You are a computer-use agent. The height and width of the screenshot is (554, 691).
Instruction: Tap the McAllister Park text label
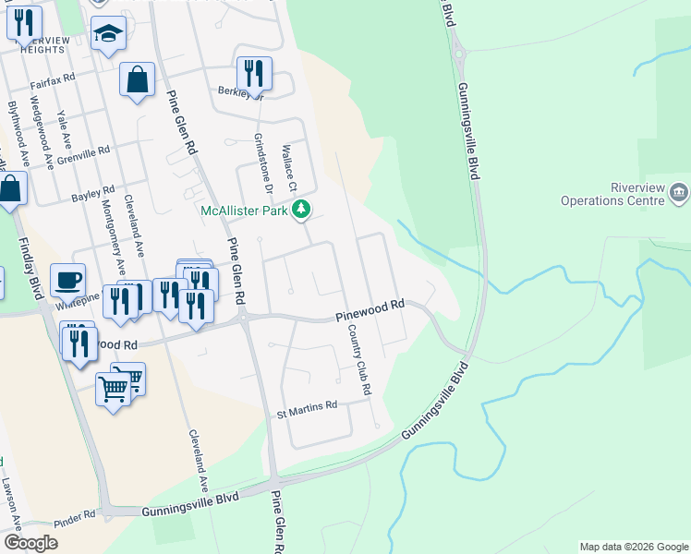coord(245,211)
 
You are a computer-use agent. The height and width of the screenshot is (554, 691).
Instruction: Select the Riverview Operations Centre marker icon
coord(679,193)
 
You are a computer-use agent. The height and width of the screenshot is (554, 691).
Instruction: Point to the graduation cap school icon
coord(109,34)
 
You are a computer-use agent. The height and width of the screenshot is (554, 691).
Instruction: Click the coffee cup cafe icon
coord(67,279)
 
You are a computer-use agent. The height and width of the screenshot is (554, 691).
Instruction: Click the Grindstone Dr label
coord(263,165)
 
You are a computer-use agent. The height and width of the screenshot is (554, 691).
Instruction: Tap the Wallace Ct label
coord(291,167)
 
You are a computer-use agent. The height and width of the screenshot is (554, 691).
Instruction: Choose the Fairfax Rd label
coord(52,82)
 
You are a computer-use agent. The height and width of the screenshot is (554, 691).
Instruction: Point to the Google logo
coord(31,543)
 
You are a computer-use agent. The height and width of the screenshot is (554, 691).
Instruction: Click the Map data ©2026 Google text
coord(633,547)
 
